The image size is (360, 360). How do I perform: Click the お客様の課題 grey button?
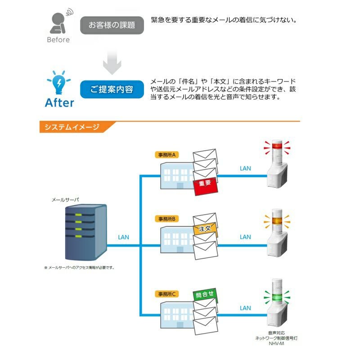112,25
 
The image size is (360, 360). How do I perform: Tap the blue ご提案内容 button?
112,90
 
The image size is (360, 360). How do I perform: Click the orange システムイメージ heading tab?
72,127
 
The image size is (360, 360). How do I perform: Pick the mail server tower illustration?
85,232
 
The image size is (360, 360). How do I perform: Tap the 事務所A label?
166,155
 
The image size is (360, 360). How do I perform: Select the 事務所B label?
166,219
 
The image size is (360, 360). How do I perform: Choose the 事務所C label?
166,294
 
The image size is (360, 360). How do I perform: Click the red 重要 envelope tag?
205,184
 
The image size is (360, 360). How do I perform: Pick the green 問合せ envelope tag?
205,296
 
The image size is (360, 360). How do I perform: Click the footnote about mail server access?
79,267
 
